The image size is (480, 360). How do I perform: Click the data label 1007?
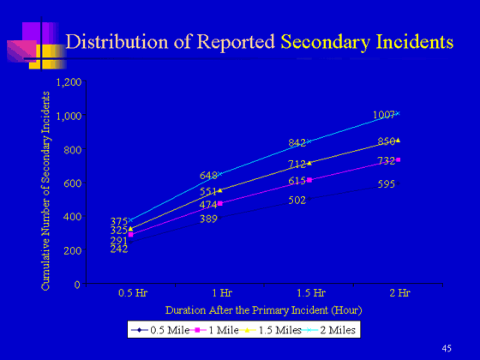[x=384, y=115]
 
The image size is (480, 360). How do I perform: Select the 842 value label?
[x=297, y=143]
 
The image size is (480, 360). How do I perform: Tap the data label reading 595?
[x=386, y=184]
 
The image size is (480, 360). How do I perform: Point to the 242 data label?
[x=119, y=249]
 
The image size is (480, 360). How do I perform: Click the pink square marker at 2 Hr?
[x=398, y=159]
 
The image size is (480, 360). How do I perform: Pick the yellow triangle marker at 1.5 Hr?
[x=309, y=163]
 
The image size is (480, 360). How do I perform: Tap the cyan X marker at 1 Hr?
[x=219, y=174]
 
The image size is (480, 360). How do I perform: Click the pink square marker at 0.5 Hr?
[x=130, y=235]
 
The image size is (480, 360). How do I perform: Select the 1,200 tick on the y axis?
[x=69, y=82]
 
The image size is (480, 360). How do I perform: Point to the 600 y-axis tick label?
[x=73, y=183]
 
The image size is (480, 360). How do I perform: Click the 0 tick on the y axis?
[x=77, y=285]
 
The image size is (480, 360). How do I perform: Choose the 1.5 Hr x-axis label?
[x=311, y=293]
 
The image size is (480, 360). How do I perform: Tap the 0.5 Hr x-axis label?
[x=133, y=293]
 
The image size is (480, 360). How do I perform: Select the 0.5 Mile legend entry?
[x=160, y=330]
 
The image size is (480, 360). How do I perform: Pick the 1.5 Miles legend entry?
[x=271, y=330]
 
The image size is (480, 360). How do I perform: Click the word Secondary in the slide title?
[x=326, y=42]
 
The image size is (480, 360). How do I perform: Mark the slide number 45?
[x=447, y=348]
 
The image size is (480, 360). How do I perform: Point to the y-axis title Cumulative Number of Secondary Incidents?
[x=45, y=190]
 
